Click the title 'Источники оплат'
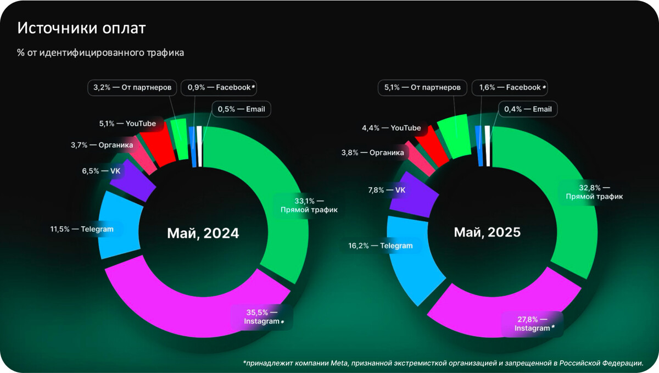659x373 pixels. pyautogui.click(x=82, y=29)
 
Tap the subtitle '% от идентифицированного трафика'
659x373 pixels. pyautogui.click(x=100, y=53)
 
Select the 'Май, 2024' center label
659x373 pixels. pyautogui.click(x=203, y=233)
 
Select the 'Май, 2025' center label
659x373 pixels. pyautogui.click(x=487, y=232)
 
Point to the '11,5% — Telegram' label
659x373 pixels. pyautogui.click(x=82, y=229)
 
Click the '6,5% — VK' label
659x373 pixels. pyautogui.click(x=101, y=171)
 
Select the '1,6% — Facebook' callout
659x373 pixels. pyautogui.click(x=513, y=87)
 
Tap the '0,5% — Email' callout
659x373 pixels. pyautogui.click(x=242, y=109)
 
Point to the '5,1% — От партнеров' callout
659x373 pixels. pyautogui.click(x=423, y=87)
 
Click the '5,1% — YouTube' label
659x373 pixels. pyautogui.click(x=127, y=124)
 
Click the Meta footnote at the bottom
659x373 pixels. pyautogui.click(x=442, y=363)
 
